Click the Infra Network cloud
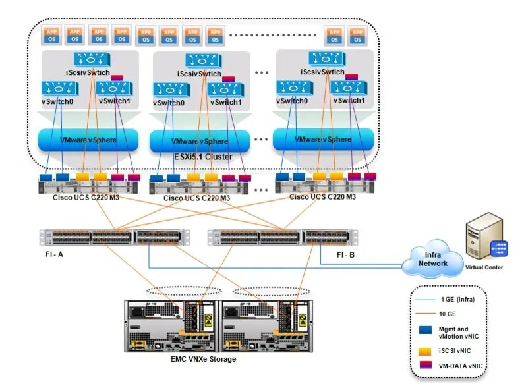(x=432, y=258)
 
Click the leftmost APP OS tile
(x=52, y=34)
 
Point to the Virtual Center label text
(x=484, y=267)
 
